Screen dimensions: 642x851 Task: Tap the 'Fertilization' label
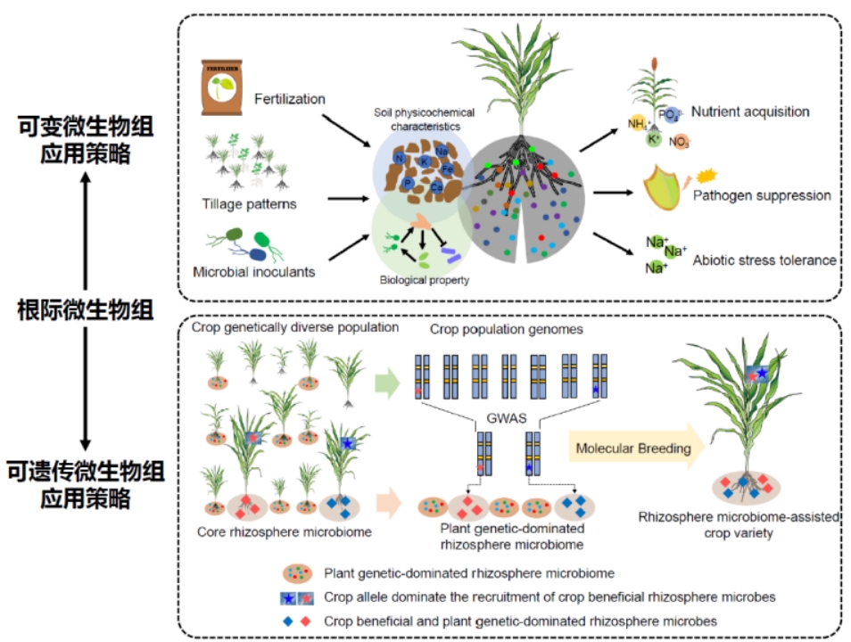click(x=290, y=98)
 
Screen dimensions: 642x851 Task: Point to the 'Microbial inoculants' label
click(x=253, y=271)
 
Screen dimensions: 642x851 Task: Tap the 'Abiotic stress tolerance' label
click(x=764, y=260)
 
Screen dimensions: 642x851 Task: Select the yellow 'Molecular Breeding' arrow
click(x=635, y=449)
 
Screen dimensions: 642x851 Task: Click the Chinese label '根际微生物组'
click(x=86, y=310)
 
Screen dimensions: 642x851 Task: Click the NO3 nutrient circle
click(x=679, y=141)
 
